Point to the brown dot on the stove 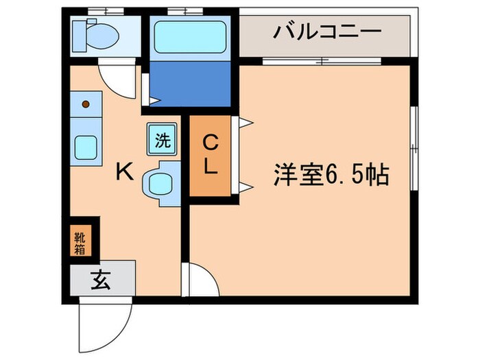coord(86,104)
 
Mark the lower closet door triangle coord(245,186)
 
